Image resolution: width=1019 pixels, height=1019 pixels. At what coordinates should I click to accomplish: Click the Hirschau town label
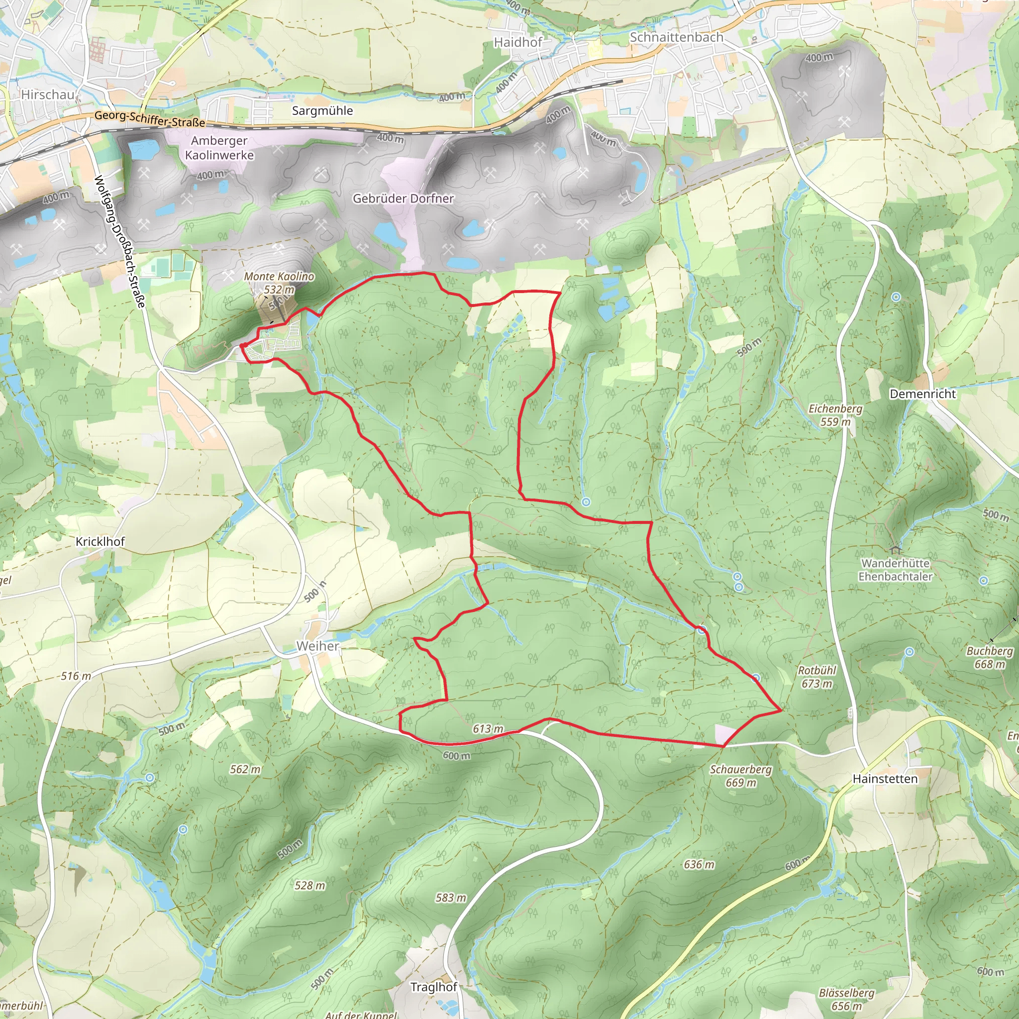(47, 95)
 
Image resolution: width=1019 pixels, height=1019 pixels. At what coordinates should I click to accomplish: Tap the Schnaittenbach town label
(676, 37)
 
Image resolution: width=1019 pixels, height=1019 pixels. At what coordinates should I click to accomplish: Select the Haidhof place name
(517, 42)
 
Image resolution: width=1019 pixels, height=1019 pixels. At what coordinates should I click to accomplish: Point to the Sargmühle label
(322, 111)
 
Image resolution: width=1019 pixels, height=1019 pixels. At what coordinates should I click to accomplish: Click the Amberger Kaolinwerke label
(219, 148)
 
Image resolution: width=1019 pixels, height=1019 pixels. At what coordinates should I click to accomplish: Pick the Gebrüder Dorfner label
(403, 199)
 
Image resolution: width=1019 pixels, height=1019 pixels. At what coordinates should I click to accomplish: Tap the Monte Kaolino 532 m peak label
(279, 283)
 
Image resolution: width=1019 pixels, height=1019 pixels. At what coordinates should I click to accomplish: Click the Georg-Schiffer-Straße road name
(150, 119)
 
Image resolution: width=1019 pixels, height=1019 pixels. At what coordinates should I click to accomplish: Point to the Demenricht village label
(922, 394)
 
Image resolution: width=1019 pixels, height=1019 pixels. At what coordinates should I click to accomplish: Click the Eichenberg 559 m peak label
(835, 415)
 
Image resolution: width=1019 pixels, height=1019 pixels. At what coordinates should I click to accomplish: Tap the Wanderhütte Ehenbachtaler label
(895, 570)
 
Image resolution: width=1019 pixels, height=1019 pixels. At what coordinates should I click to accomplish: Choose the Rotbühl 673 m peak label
(817, 677)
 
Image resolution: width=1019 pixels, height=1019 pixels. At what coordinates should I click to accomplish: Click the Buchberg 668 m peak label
(990, 657)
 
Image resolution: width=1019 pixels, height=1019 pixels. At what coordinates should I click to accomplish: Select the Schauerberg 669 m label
(740, 776)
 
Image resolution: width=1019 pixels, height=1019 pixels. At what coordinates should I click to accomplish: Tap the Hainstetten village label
(885, 779)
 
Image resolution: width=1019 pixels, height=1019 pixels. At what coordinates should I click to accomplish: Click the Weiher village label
(317, 646)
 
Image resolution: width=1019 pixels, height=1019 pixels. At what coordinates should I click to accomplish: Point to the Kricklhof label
(100, 542)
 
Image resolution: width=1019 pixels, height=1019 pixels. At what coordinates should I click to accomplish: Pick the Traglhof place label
(433, 986)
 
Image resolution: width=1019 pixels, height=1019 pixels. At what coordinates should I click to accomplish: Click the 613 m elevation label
(488, 729)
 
